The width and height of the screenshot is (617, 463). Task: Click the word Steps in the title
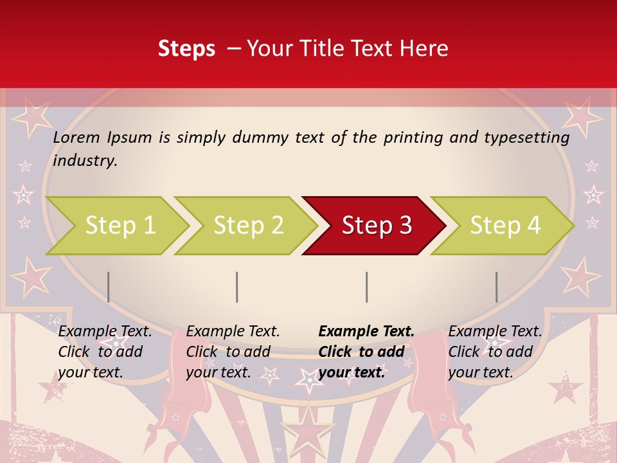coord(186,49)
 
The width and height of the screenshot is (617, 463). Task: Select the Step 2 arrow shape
coord(248,225)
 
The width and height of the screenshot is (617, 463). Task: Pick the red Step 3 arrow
coord(376,225)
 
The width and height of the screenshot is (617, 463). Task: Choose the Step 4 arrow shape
coord(505,225)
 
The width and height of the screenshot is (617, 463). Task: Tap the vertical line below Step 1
coord(109,287)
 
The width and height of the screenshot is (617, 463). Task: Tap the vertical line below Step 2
coord(237,287)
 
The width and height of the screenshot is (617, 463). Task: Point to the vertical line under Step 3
coord(366,287)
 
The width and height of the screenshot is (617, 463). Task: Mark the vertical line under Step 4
coord(496,287)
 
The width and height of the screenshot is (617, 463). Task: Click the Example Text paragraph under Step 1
coord(105,352)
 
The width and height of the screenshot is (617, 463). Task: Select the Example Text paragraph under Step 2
coord(233,352)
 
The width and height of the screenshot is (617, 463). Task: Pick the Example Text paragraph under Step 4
coord(495,352)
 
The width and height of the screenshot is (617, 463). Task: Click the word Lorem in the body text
coord(76,137)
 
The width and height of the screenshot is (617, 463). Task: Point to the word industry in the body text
coord(85,160)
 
